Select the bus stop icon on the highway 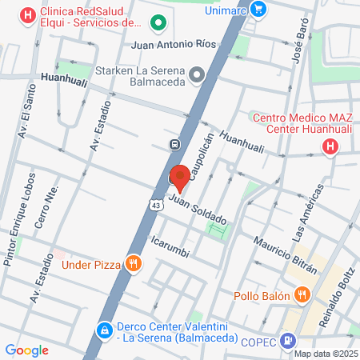[174, 144]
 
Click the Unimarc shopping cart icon [258, 8]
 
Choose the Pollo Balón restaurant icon [302, 295]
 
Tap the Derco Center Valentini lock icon [104, 330]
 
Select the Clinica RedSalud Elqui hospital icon [29, 14]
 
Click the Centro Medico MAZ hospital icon [330, 146]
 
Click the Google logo [26, 350]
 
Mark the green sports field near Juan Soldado [217, 230]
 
